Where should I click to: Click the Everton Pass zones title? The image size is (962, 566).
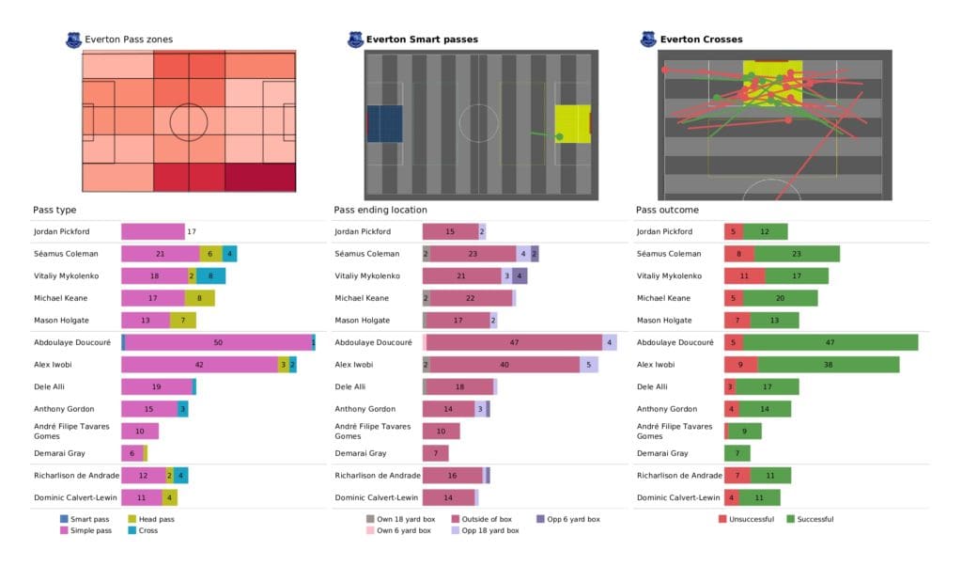point(128,39)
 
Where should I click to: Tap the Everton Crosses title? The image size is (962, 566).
point(701,39)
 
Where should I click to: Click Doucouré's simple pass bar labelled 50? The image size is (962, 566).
point(218,343)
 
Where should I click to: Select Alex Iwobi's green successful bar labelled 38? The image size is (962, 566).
point(828,365)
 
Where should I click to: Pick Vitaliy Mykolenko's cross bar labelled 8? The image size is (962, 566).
point(210,275)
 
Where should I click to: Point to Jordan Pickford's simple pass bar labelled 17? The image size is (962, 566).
point(153,231)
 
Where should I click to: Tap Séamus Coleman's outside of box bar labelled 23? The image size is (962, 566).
point(473,254)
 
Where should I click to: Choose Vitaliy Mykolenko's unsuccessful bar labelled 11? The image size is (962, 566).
point(744,275)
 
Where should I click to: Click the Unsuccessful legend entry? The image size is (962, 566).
point(749,519)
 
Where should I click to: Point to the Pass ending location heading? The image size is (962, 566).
point(380,210)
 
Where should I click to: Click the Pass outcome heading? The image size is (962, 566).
point(667,210)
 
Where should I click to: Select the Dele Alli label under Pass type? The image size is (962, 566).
point(50,386)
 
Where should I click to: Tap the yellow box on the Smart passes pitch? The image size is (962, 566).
point(571,123)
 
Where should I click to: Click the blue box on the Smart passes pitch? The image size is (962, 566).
point(384,123)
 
